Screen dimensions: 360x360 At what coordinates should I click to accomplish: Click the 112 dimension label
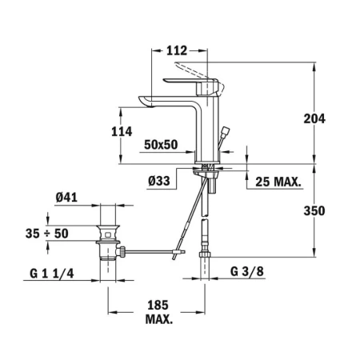177,50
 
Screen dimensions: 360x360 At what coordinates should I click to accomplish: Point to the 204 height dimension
314,118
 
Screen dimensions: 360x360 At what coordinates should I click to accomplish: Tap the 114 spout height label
122,132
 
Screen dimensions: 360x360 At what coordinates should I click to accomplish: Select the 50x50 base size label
161,145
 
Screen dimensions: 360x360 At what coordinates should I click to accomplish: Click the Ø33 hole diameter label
159,181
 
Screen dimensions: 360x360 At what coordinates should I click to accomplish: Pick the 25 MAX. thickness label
278,182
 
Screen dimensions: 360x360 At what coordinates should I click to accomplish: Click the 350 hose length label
314,211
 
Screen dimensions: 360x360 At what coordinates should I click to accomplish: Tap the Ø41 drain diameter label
66,198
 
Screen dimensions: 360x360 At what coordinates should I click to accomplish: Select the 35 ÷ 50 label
47,234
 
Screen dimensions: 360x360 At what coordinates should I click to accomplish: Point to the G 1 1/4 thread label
52,274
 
